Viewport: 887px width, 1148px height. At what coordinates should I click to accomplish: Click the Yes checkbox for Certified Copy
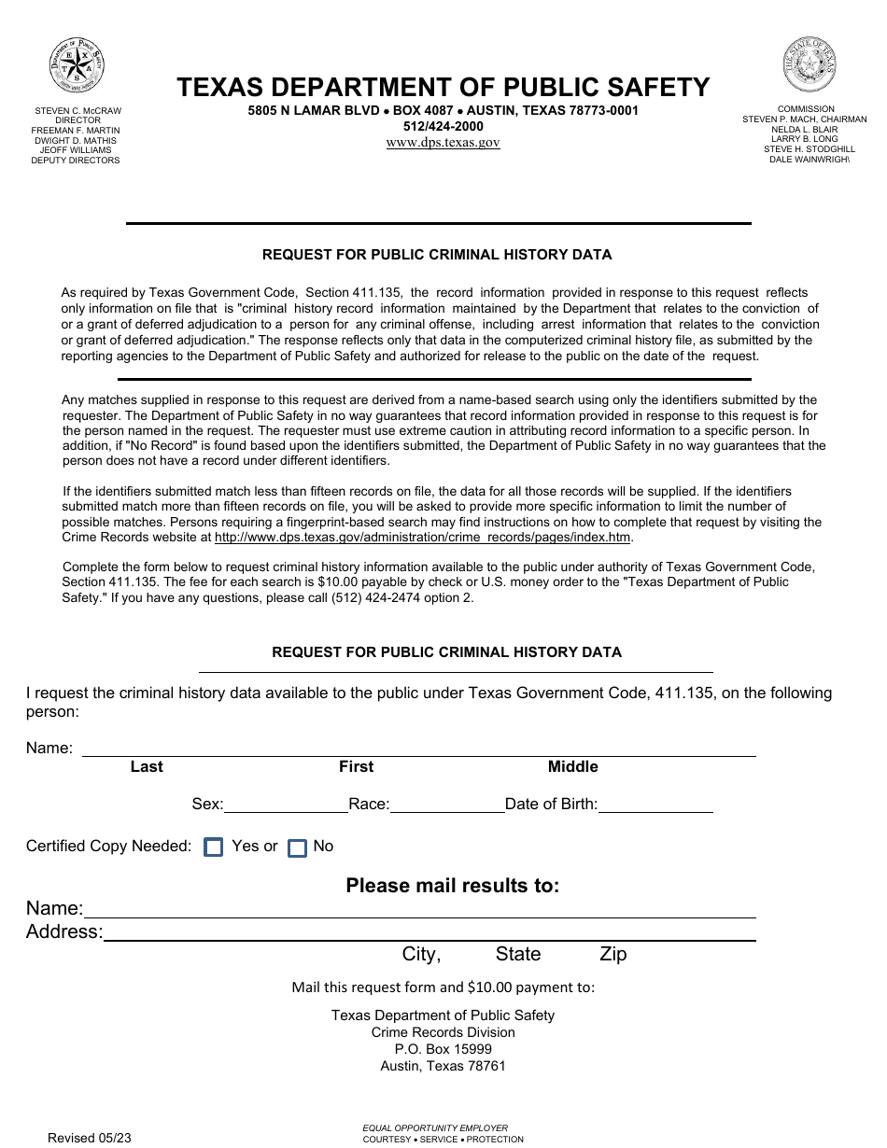[214, 847]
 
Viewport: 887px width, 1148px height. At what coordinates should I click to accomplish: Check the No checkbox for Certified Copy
[297, 848]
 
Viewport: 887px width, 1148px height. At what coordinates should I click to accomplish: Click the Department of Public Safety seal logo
[77, 66]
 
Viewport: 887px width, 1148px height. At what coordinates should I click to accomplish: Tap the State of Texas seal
[809, 64]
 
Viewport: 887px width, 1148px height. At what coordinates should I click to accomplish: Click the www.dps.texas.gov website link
[443, 143]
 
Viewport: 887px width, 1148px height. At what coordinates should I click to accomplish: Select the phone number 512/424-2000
[443, 126]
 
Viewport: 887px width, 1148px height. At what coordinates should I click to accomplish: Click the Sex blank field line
[286, 805]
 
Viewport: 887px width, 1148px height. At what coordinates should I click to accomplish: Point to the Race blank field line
[446, 805]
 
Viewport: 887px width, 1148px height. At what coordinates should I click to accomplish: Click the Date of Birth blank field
[655, 805]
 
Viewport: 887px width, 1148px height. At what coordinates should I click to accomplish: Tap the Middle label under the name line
[572, 767]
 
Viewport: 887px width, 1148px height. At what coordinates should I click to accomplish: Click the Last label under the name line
[147, 767]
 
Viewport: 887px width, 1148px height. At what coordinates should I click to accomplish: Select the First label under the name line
[356, 767]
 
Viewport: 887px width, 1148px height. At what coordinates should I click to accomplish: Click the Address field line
[429, 932]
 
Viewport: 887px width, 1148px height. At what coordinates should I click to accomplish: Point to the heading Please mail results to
[452, 886]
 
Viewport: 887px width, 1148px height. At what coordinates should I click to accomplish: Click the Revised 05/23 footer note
[90, 1137]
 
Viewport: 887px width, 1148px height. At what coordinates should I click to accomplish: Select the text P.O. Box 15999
[443, 1049]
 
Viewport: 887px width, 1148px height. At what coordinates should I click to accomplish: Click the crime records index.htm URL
[423, 538]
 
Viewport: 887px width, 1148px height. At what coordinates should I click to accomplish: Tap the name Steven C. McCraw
[78, 110]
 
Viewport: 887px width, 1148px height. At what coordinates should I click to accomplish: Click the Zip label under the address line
[612, 954]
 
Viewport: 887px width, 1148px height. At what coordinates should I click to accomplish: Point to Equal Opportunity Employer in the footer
[435, 1127]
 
